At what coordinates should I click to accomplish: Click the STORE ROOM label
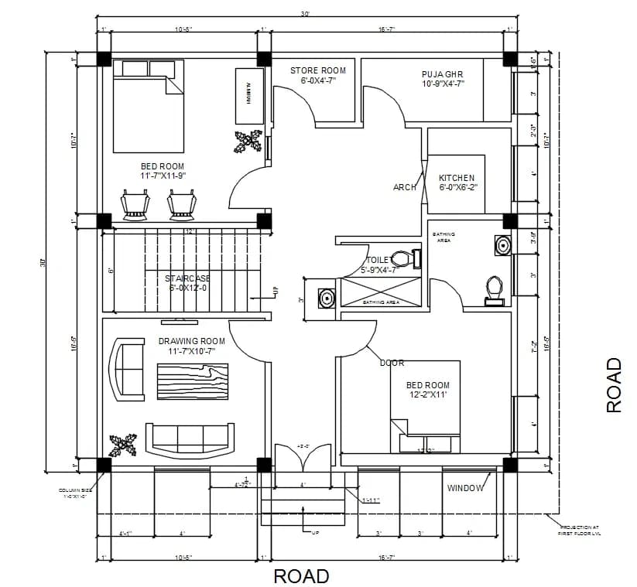click(317, 70)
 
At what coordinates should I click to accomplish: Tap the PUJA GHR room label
click(443, 74)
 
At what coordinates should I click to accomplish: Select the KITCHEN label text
click(457, 178)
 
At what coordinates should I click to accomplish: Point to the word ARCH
click(404, 187)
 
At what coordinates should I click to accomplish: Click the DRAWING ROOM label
click(192, 341)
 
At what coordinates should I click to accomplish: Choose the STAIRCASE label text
click(187, 278)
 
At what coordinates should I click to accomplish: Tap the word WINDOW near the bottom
click(465, 488)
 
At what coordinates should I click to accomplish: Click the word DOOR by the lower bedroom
click(392, 363)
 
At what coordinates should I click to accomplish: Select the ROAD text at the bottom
click(301, 576)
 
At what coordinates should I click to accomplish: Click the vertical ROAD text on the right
click(614, 384)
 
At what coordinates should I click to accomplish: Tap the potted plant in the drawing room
click(122, 445)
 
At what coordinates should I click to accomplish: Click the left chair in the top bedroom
click(135, 204)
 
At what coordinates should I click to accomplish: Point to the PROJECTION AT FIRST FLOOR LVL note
click(580, 530)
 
